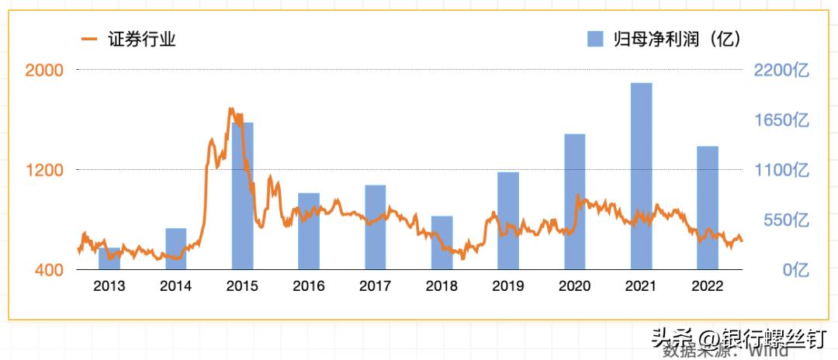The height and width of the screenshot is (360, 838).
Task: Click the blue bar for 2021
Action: pyautogui.click(x=641, y=176)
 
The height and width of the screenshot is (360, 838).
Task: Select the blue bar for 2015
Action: pyautogui.click(x=243, y=196)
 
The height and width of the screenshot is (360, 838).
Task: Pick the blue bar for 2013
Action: pyautogui.click(x=109, y=259)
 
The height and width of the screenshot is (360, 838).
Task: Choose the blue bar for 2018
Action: pyautogui.click(x=442, y=243)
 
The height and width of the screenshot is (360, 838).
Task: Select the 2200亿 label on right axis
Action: pyautogui.click(x=781, y=70)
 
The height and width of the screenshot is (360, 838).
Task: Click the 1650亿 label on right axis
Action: pyautogui.click(x=781, y=120)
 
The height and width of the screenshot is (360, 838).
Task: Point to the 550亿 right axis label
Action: pyautogui.click(x=785, y=220)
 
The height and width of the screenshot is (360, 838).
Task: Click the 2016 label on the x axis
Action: pyautogui.click(x=309, y=286)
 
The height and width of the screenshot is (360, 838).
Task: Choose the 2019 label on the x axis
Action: pyautogui.click(x=508, y=286)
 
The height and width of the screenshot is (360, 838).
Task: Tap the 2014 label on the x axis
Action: pyautogui.click(x=176, y=286)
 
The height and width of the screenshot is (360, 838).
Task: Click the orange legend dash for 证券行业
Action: pyautogui.click(x=90, y=38)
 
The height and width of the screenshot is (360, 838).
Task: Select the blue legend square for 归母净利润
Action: pyautogui.click(x=596, y=38)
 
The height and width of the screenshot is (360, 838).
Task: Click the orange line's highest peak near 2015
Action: pyautogui.click(x=230, y=109)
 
